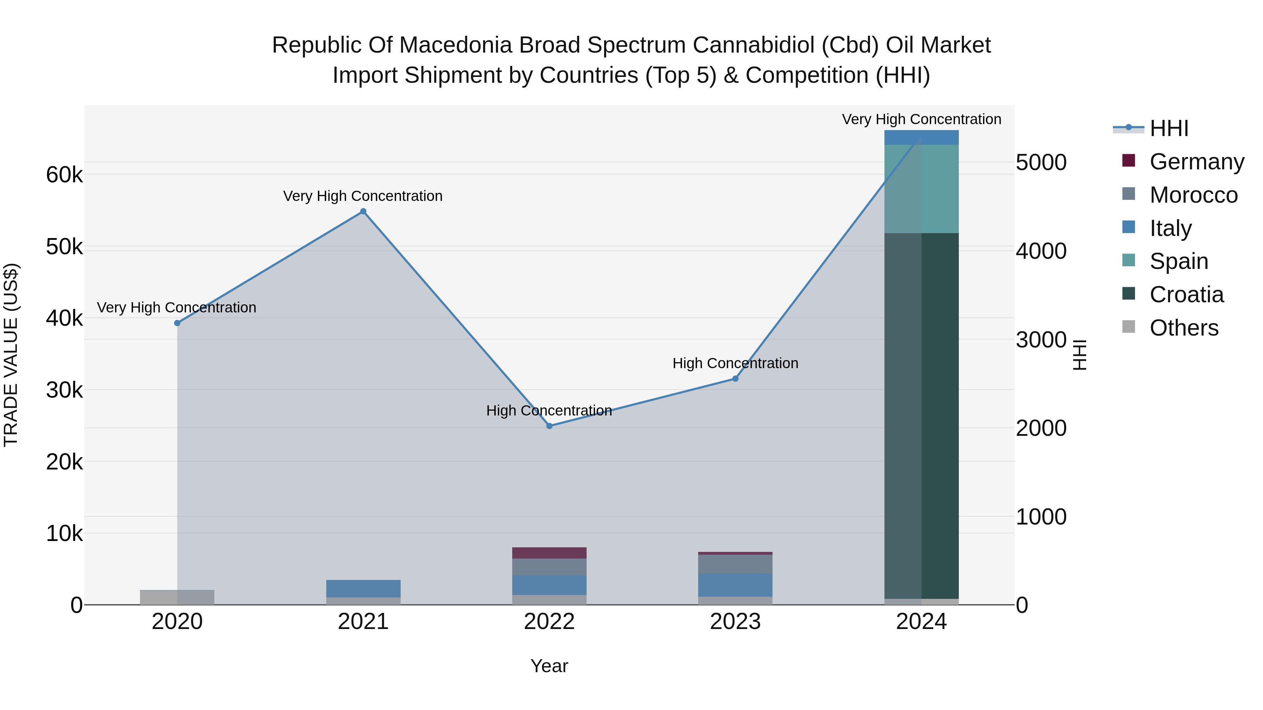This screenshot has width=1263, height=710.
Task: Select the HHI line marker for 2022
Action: pyautogui.click(x=549, y=426)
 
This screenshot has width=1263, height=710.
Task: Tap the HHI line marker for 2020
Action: pyautogui.click(x=178, y=323)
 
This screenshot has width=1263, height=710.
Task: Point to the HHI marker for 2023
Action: pyautogui.click(x=735, y=378)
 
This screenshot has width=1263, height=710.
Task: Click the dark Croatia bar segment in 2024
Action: pyautogui.click(x=922, y=417)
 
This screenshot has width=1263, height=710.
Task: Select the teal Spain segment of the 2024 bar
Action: pyautogui.click(x=922, y=189)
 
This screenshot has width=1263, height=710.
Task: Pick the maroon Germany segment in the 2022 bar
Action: pyautogui.click(x=549, y=553)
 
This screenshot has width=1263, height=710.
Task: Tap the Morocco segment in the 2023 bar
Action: pyautogui.click(x=735, y=564)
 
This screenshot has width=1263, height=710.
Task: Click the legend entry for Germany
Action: pyautogui.click(x=1196, y=162)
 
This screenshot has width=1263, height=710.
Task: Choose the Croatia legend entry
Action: pyautogui.click(x=1186, y=295)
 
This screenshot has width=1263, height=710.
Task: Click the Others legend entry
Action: pyautogui.click(x=1184, y=328)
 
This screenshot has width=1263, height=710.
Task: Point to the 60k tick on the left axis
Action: pyautogui.click(x=64, y=175)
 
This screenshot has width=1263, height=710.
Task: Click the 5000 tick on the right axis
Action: pyautogui.click(x=1041, y=163)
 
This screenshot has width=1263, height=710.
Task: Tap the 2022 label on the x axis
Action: pyautogui.click(x=549, y=622)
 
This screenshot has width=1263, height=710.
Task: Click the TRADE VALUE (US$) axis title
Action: pyautogui.click(x=11, y=355)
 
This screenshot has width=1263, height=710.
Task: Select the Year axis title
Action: pyautogui.click(x=549, y=666)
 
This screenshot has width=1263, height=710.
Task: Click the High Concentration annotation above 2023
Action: pyautogui.click(x=735, y=363)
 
